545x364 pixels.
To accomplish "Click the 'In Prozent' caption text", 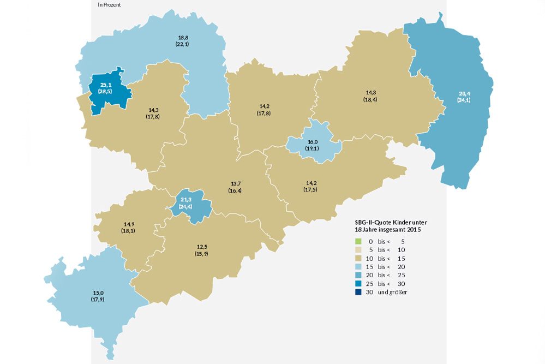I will (x=109, y=4).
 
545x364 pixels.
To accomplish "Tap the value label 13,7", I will (x=236, y=184).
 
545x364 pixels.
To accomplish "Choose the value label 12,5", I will (x=201, y=247).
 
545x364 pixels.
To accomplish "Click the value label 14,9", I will (x=128, y=224).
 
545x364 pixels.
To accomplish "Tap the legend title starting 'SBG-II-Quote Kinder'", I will (x=391, y=222).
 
